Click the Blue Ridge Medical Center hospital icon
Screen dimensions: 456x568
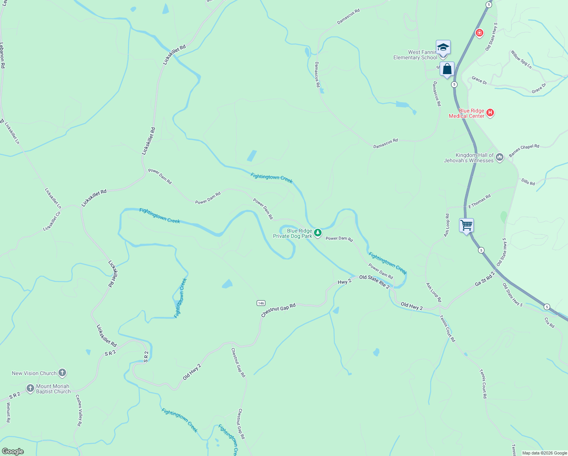point(490,113)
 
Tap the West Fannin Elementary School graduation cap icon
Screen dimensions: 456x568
point(443,47)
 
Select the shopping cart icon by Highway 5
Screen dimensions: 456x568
point(466,225)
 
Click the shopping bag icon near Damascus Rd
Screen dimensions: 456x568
point(447,70)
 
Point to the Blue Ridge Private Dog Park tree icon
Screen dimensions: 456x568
point(318,233)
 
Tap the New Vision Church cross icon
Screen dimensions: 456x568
point(62,373)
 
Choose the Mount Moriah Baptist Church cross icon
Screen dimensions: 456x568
point(30,388)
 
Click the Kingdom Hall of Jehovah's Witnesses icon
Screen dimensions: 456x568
point(499,157)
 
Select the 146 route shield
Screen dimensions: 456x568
point(261,303)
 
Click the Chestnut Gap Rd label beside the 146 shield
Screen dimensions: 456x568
point(278,310)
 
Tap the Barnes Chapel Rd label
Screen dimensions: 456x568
point(524,150)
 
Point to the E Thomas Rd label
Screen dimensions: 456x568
point(480,201)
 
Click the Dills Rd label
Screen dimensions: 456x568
point(528,182)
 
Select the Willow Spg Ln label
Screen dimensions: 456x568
point(521,59)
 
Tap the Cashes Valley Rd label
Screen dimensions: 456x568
point(79,410)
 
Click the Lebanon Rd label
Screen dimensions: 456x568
point(2,55)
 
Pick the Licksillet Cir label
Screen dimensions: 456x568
point(52,221)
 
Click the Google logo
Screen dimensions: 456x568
point(13,451)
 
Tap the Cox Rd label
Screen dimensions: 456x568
point(549,323)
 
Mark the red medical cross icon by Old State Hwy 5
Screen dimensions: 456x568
point(480,33)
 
